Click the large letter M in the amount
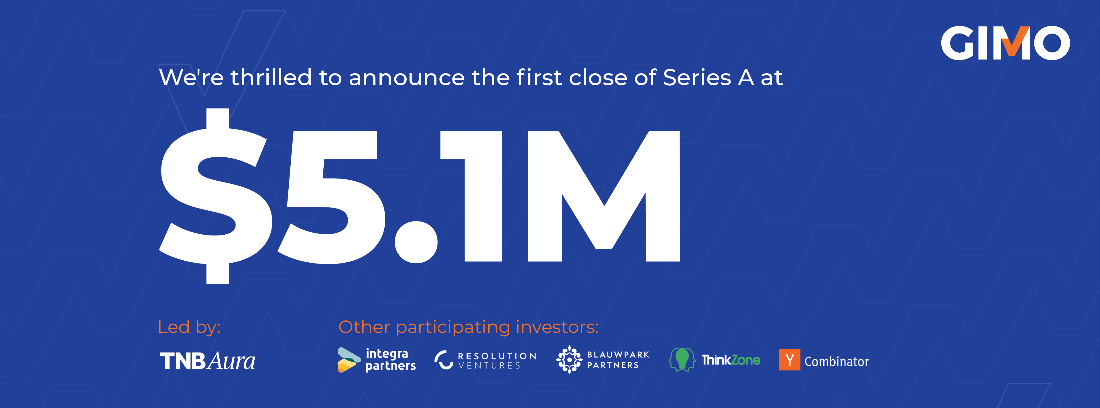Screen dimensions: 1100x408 coord(604,196)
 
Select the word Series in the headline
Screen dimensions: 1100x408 coord(697,78)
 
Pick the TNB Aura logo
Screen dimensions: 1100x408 coord(208,361)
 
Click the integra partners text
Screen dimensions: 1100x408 coord(391,360)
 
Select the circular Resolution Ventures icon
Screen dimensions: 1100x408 coord(444,360)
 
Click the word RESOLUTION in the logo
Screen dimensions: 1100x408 coord(497,356)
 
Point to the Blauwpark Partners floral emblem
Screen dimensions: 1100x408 coord(569,360)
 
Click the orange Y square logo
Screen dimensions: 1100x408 coord(790,360)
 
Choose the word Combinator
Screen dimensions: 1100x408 coord(837,361)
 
